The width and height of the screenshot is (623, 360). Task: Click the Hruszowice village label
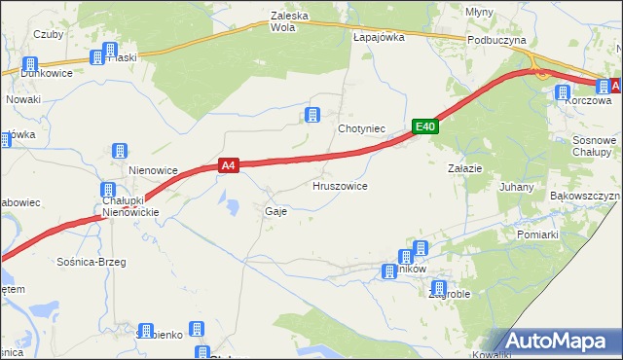340,186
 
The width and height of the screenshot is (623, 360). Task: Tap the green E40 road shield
424,126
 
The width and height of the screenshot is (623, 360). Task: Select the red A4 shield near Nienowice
228,166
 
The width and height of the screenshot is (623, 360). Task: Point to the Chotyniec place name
362,128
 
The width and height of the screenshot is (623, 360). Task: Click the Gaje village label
275,211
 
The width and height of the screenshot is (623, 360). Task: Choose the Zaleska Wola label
296,21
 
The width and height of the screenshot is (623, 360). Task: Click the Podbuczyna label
496,40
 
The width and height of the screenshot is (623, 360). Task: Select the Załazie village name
464,168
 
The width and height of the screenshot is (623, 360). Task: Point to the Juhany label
516,187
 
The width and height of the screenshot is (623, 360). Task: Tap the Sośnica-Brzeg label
92,263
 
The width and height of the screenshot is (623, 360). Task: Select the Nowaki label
22,99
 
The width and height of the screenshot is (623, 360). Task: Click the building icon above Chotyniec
312,116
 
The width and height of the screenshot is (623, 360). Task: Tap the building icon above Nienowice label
120,151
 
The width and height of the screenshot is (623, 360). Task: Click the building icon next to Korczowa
563,93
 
